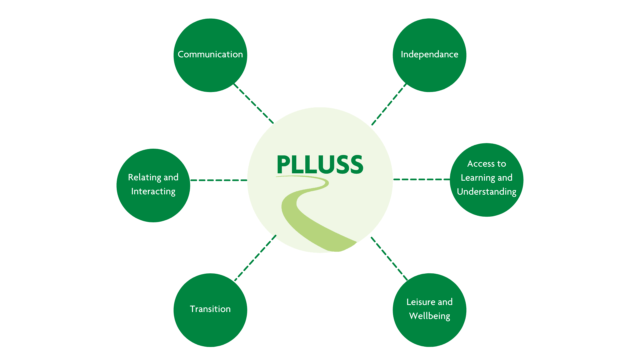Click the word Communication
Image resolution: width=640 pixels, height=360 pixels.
(210, 54)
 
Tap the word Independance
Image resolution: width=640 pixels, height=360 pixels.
(429, 54)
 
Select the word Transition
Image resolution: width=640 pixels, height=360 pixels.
(210, 309)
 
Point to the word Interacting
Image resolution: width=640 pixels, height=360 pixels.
(153, 192)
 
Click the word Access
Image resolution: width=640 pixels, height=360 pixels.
(481, 164)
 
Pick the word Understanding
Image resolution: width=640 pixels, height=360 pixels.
(487, 192)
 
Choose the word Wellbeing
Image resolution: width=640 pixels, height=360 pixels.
(430, 316)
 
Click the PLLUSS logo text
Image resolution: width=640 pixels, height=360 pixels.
(320, 164)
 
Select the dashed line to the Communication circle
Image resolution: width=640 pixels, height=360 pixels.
(254, 103)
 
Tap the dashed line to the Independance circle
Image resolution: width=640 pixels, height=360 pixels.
(389, 104)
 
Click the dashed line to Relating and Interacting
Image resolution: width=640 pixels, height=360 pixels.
(219, 180)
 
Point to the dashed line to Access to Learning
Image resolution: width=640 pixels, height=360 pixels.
(422, 179)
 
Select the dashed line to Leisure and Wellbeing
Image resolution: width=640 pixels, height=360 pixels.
(389, 259)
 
